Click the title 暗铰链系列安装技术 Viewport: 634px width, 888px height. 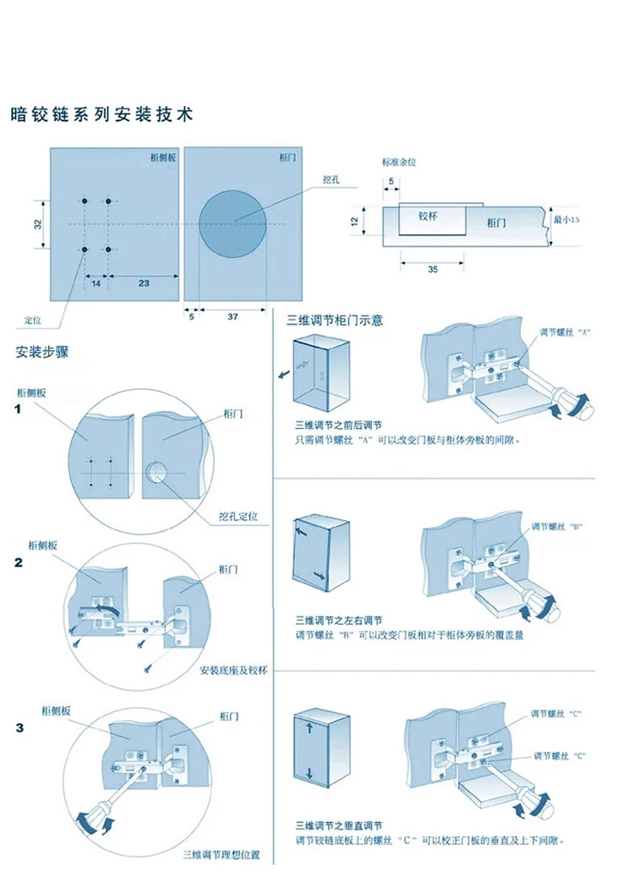(x=101, y=114)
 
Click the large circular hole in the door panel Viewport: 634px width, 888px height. (x=232, y=222)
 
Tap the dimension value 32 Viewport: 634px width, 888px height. (x=38, y=224)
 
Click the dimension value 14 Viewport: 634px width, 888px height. (x=96, y=284)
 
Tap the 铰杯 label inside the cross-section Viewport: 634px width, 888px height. (x=429, y=217)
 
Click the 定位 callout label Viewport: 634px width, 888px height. (x=33, y=321)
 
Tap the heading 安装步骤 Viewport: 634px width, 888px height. (x=42, y=352)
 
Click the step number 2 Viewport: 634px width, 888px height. (x=19, y=562)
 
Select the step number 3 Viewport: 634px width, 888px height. (x=19, y=728)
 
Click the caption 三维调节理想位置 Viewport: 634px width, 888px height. (x=221, y=855)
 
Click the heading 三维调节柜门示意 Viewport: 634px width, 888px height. (x=336, y=321)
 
